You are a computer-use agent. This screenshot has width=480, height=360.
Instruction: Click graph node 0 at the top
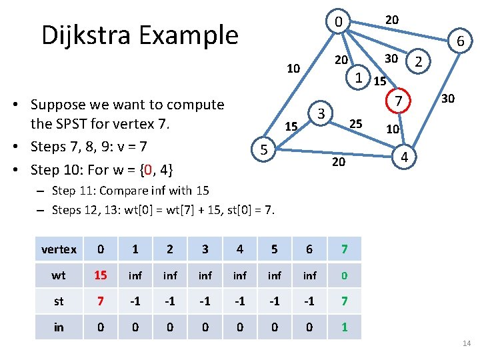click(339, 23)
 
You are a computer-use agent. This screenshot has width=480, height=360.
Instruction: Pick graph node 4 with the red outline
click(403, 157)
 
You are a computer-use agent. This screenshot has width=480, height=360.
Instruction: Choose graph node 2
click(419, 63)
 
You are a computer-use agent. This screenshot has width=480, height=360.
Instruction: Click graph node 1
click(359, 77)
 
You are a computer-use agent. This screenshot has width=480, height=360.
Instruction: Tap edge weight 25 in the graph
click(356, 123)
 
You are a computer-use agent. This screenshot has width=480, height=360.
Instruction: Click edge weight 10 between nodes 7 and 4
click(393, 128)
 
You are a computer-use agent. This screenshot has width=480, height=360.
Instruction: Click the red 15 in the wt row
click(100, 275)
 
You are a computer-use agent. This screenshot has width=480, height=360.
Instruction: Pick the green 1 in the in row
click(344, 327)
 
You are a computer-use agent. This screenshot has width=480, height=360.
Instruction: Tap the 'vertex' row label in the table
click(59, 249)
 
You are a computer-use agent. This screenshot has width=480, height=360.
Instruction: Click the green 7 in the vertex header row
click(344, 249)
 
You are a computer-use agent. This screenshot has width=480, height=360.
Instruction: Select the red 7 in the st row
click(100, 301)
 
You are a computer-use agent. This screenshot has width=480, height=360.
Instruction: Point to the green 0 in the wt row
click(344, 275)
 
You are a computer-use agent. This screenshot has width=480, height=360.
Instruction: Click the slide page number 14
click(466, 343)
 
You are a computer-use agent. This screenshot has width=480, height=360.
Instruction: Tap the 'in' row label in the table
click(59, 327)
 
